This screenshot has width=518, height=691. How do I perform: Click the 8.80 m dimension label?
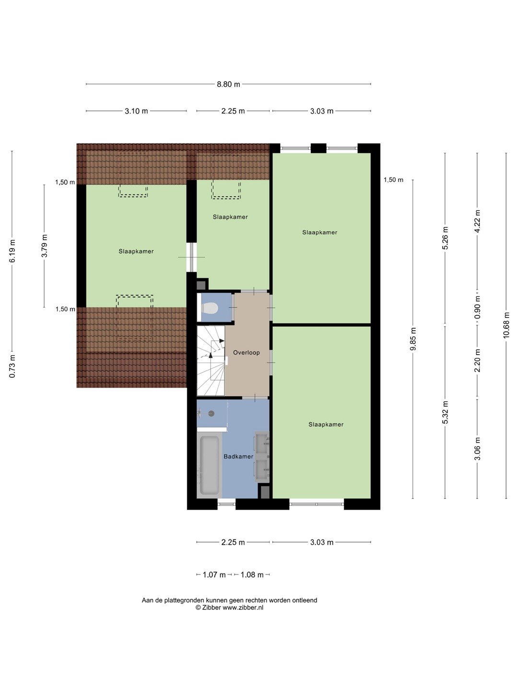228,84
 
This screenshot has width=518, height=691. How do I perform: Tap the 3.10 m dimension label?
136,111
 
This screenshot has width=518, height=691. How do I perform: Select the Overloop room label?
246,353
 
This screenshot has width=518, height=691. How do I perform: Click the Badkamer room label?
238,456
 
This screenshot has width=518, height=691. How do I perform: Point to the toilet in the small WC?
210,308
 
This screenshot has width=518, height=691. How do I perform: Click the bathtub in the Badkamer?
210,465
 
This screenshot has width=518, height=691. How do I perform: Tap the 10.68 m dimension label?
506,325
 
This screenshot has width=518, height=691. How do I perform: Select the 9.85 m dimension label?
413,339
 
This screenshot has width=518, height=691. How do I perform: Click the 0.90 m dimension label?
477,307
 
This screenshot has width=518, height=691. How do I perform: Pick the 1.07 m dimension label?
214,575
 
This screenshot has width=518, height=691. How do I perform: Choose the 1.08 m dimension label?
252,575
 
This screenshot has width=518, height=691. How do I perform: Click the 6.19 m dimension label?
12,251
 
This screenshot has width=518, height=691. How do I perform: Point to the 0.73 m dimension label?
12,366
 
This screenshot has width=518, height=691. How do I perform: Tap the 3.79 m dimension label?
44,246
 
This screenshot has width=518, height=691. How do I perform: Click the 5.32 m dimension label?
445,412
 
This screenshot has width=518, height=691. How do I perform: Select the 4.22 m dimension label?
477,221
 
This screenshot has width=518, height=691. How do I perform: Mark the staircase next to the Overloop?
211,361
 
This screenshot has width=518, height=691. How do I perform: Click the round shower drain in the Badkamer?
212,414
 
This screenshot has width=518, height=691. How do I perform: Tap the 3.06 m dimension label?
477,449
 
